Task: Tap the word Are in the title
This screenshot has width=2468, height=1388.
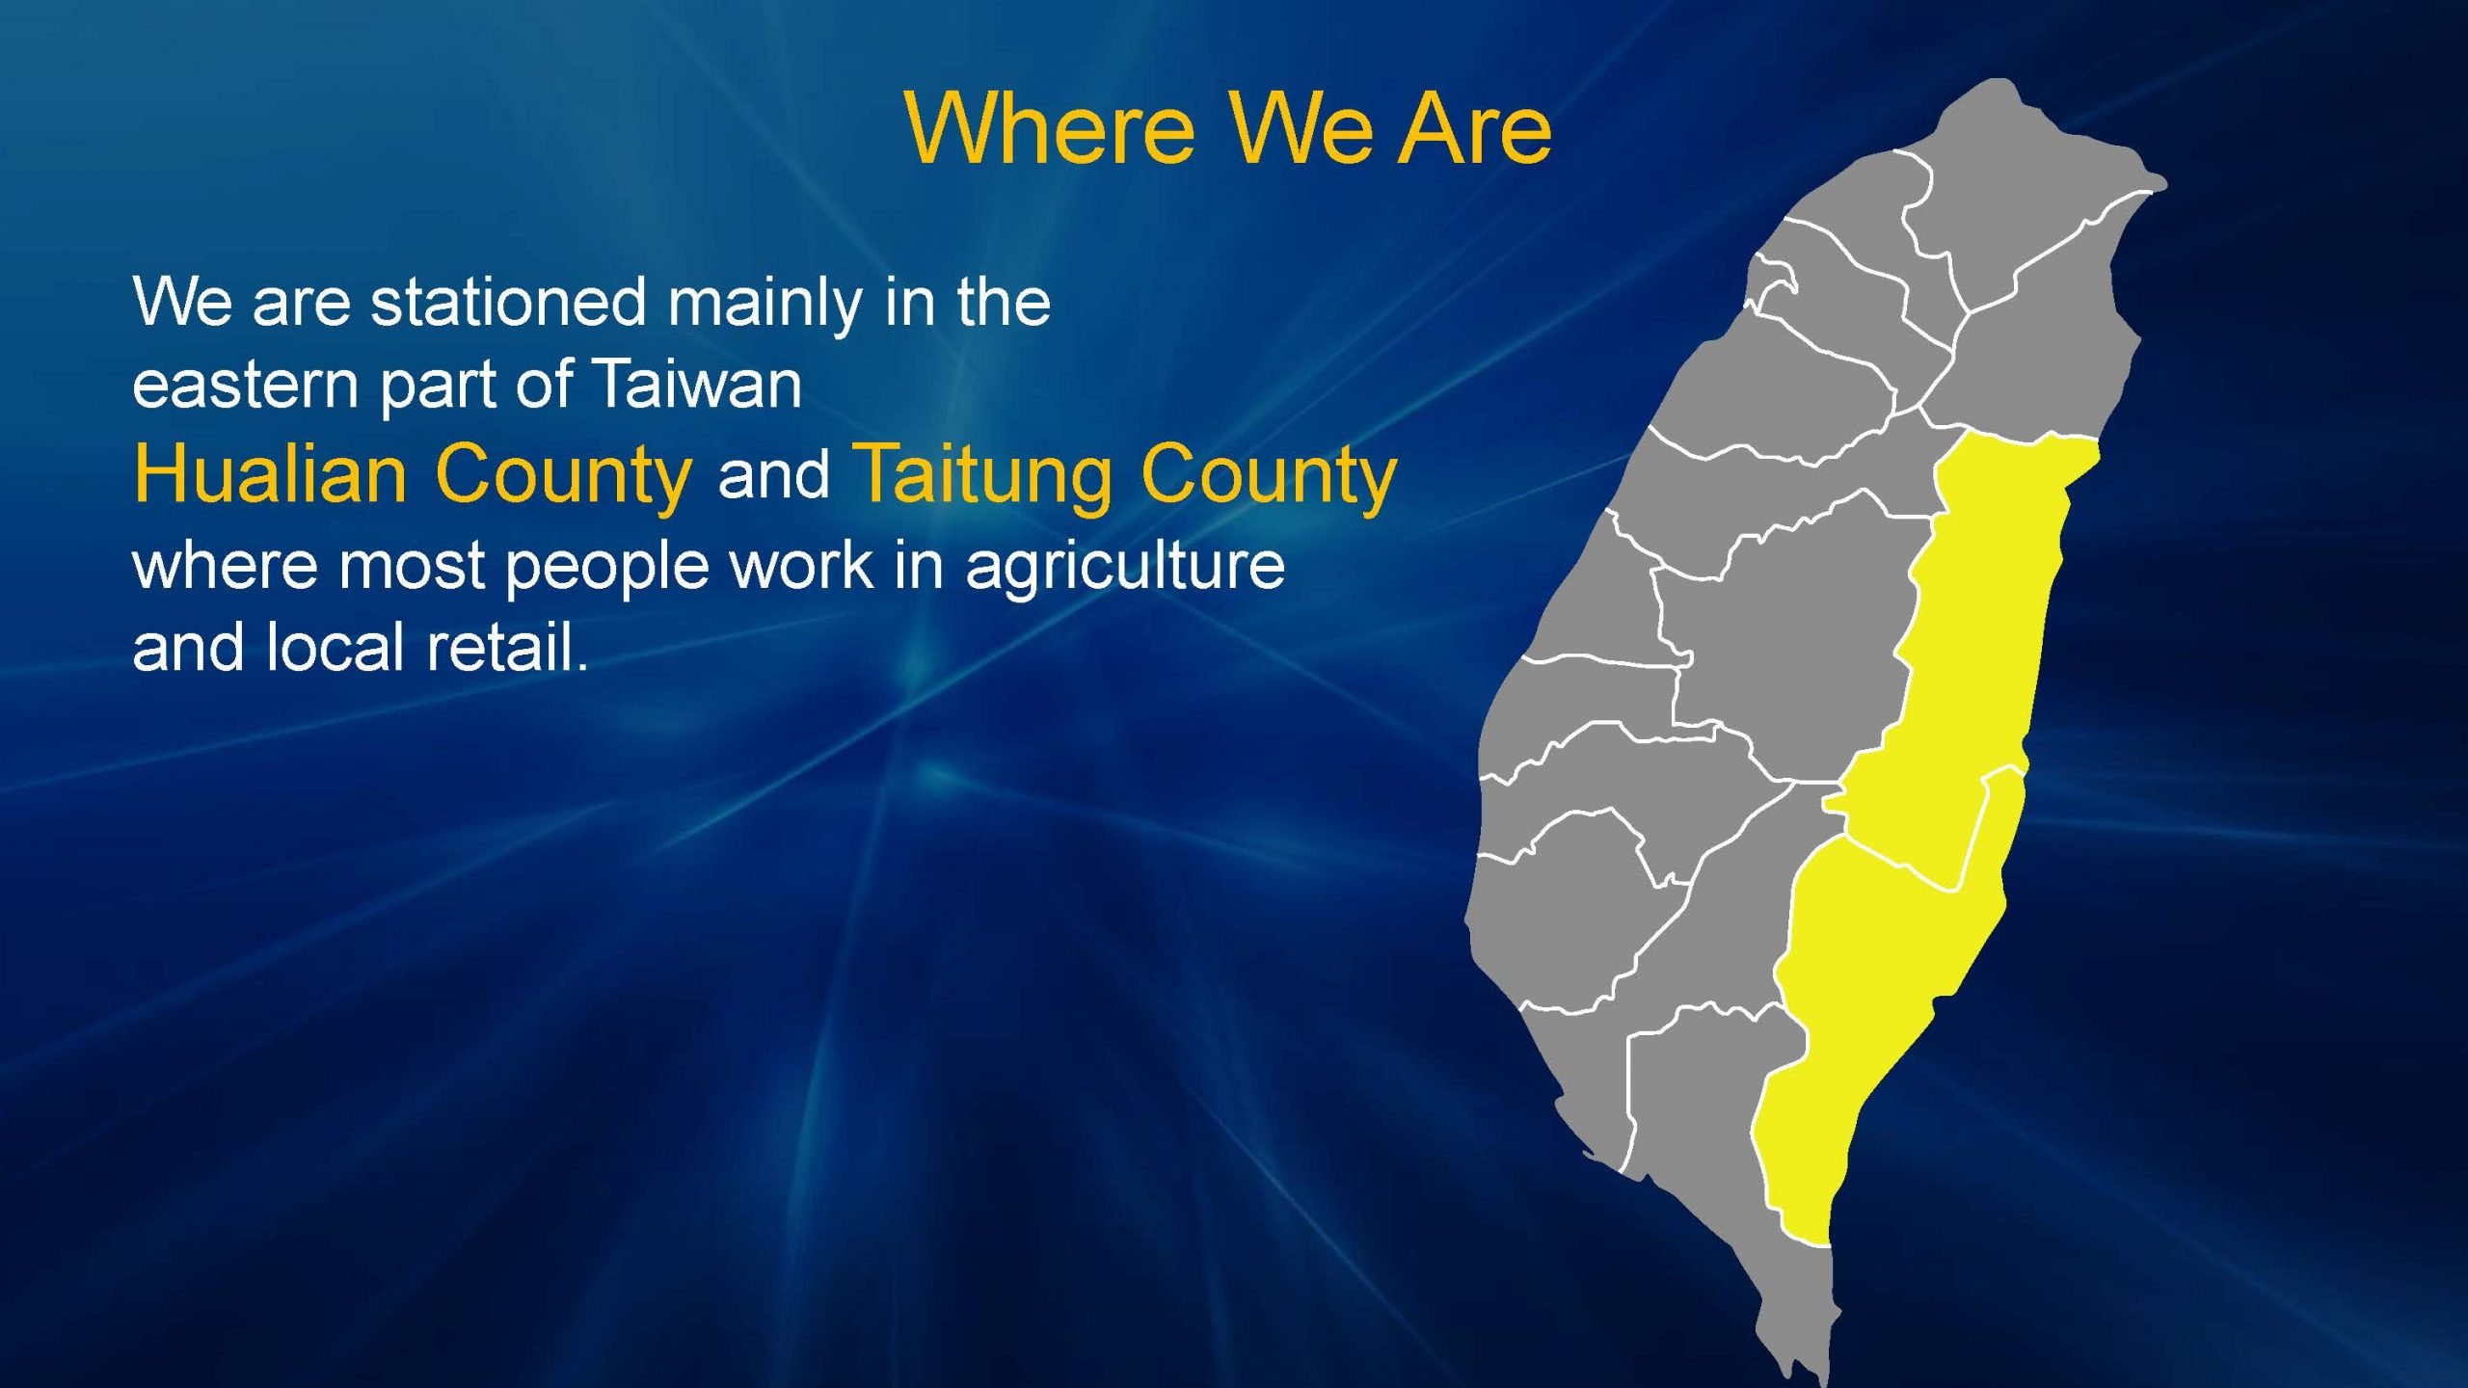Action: pos(1475,129)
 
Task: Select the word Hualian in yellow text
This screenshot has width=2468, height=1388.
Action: pos(270,473)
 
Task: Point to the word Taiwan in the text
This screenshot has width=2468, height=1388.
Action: pos(697,383)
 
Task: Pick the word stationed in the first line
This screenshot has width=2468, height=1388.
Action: pos(508,302)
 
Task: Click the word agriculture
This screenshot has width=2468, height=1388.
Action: pos(1125,566)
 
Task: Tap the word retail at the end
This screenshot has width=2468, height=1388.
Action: pos(506,646)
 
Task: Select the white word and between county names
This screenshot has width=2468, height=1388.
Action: pos(774,474)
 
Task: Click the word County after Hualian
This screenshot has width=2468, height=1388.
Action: pos(563,473)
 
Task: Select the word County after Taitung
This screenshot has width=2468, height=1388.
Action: pos(1268,473)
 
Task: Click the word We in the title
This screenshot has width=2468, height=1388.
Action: pos(1299,129)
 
